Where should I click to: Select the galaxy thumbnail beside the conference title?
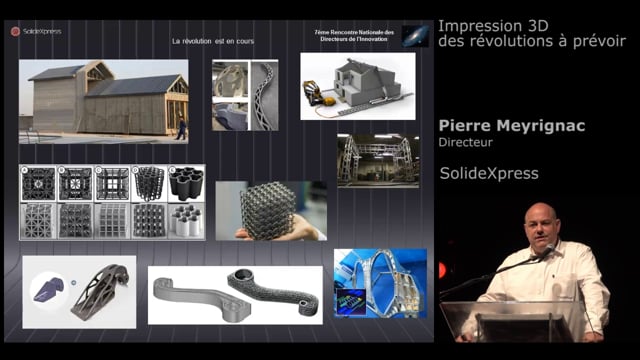pyautogui.click(x=416, y=36)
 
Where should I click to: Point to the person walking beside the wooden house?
pyautogui.click(x=181, y=127)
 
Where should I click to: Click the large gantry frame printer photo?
pyautogui.click(x=378, y=160)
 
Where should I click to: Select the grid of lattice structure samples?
pyautogui.click(x=112, y=202)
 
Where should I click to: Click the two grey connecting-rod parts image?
pyautogui.click(x=235, y=294)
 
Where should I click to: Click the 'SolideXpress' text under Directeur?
pyautogui.click(x=489, y=174)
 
